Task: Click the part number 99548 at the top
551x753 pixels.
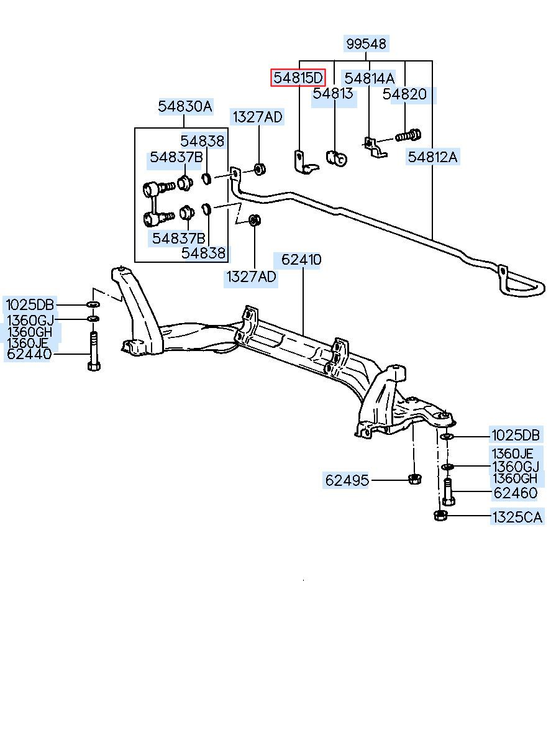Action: [x=366, y=43]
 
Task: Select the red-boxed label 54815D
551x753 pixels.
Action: [x=298, y=78]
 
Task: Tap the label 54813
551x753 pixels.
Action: [x=333, y=93]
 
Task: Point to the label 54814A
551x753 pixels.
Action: [x=369, y=78]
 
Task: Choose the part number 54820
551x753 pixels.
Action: [x=404, y=94]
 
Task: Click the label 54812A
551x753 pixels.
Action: [x=433, y=157]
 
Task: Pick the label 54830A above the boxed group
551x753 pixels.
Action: [x=185, y=107]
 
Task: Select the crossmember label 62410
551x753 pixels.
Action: [x=301, y=260]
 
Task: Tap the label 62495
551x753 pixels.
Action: [x=347, y=480]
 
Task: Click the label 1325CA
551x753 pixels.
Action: [x=517, y=517]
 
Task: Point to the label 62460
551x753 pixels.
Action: [x=516, y=493]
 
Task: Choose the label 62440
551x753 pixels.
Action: [x=29, y=354]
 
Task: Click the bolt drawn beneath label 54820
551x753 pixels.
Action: [x=408, y=135]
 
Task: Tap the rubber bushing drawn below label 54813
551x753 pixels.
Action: [x=337, y=158]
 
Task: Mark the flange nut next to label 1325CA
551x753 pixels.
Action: [x=439, y=515]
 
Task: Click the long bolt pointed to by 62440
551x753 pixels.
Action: [x=94, y=350]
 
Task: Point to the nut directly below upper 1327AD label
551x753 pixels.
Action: [x=259, y=169]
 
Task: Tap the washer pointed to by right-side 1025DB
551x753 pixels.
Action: [x=447, y=437]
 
